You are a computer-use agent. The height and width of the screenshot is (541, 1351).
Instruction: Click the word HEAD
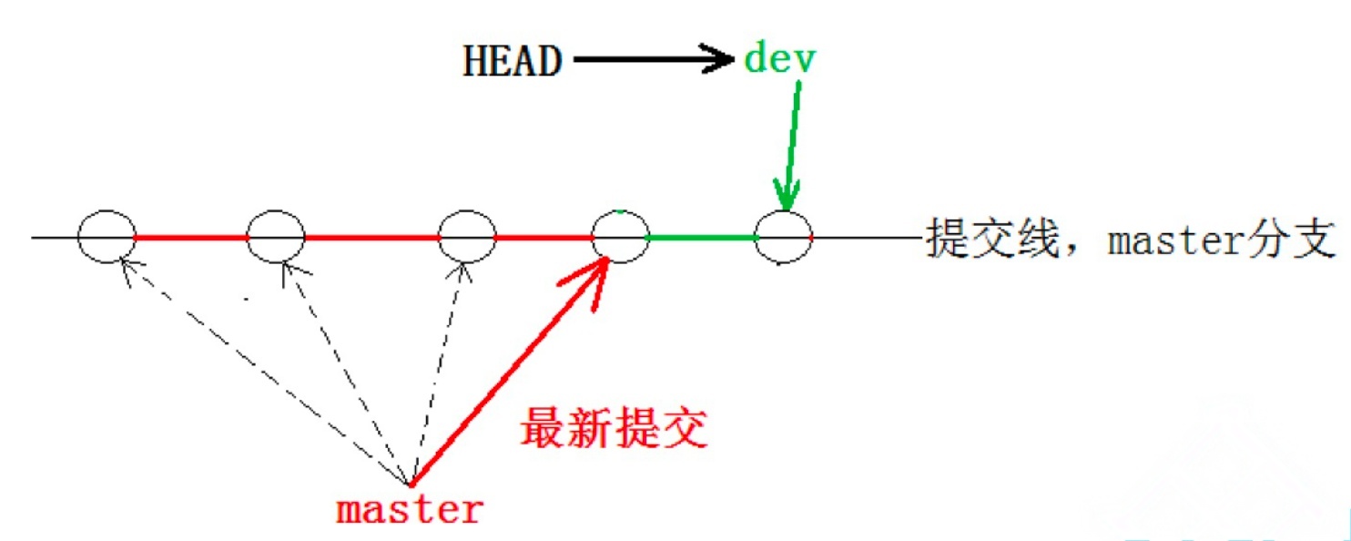[513, 62]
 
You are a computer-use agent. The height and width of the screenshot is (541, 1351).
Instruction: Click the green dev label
[781, 59]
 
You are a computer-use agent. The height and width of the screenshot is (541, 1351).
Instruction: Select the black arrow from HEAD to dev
[652, 61]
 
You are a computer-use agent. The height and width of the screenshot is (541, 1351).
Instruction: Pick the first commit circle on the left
[107, 237]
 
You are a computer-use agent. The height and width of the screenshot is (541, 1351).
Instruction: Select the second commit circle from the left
[276, 237]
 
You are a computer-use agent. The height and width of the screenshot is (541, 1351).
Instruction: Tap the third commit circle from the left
[466, 237]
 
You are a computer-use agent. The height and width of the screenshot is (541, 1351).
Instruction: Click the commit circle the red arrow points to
[620, 237]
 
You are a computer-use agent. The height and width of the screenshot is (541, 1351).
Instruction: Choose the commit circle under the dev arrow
[784, 237]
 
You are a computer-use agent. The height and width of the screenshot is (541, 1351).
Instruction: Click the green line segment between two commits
[702, 238]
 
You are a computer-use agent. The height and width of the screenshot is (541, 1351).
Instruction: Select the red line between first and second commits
[191, 238]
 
